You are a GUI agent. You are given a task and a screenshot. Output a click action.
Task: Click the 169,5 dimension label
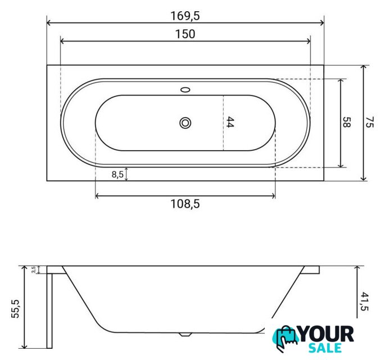(185, 16)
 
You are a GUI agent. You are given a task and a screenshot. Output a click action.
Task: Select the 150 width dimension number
(185, 34)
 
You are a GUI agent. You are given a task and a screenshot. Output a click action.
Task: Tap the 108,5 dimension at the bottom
(185, 204)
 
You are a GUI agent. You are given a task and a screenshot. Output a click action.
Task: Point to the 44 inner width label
(230, 122)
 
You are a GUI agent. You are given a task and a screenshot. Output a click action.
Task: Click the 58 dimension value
(346, 122)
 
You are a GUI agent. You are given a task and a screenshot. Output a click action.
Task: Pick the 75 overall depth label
(369, 122)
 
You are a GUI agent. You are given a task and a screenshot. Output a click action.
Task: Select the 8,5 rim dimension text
(117, 174)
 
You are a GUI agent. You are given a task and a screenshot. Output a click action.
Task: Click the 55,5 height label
(16, 309)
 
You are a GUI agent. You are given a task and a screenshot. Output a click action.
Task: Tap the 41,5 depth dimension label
(365, 301)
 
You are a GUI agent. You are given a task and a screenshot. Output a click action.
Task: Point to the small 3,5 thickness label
(34, 269)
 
